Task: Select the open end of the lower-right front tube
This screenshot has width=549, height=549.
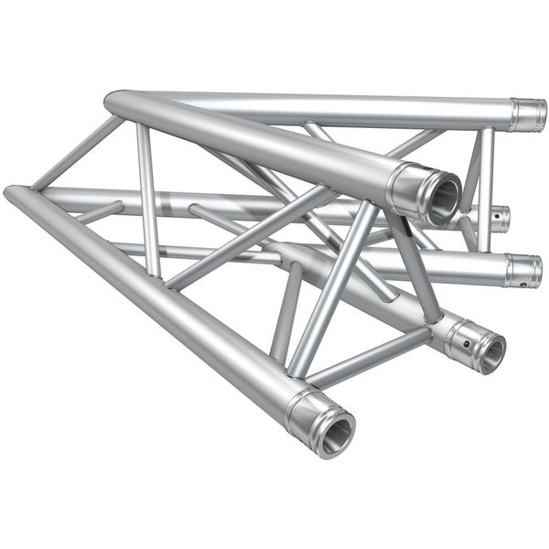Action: pos(490,352)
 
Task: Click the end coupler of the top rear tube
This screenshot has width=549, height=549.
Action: pos(528,114)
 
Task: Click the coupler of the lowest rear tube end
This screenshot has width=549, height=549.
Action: pos(522,271)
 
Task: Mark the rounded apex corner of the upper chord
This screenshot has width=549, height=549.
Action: pos(115,102)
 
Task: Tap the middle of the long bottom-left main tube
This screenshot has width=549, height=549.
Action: pos(156,302)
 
